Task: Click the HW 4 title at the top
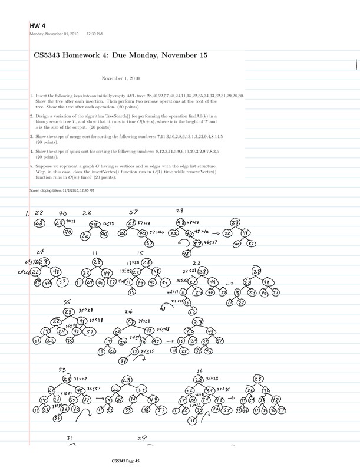[37, 25]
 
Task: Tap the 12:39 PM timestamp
[94, 33]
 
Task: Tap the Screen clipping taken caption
[61, 190]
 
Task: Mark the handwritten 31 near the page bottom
[70, 439]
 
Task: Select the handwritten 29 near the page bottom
[141, 439]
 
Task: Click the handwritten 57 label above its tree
[134, 213]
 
